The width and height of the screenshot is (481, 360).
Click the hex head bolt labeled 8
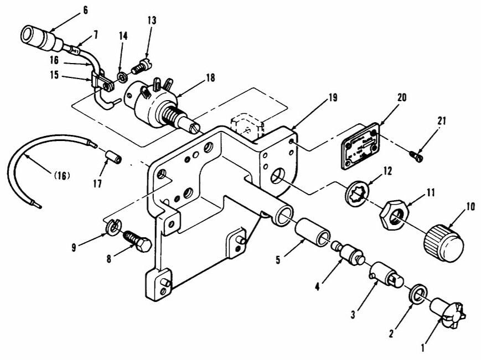click(x=136, y=241)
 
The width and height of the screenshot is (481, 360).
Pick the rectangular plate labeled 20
click(x=361, y=144)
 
